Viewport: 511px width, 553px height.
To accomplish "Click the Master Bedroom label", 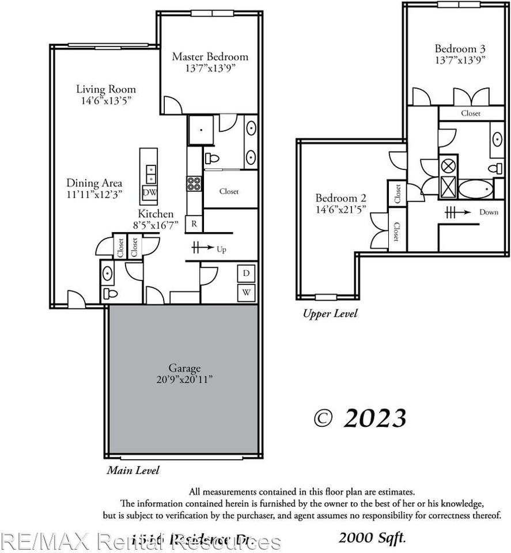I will click(x=210, y=56).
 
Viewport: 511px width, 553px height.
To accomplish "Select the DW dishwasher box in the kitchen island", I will click(x=149, y=192).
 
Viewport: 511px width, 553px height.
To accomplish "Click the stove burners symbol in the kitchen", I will click(x=194, y=183).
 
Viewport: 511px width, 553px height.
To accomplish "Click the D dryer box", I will click(x=247, y=273).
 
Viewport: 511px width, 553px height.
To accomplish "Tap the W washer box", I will click(x=247, y=293).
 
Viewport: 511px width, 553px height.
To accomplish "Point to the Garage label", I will click(x=184, y=368).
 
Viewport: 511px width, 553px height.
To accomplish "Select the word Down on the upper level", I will click(x=489, y=212).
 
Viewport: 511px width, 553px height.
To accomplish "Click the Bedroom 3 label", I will click(x=456, y=48).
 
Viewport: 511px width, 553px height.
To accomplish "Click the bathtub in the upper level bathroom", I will click(x=476, y=188).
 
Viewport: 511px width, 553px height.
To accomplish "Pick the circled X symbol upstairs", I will click(x=448, y=165).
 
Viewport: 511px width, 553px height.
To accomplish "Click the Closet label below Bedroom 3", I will click(x=471, y=113).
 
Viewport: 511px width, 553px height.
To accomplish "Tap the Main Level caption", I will click(x=133, y=470).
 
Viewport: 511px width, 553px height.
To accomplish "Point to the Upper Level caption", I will click(x=330, y=313).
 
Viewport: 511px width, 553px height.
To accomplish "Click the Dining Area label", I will click(x=94, y=183).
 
